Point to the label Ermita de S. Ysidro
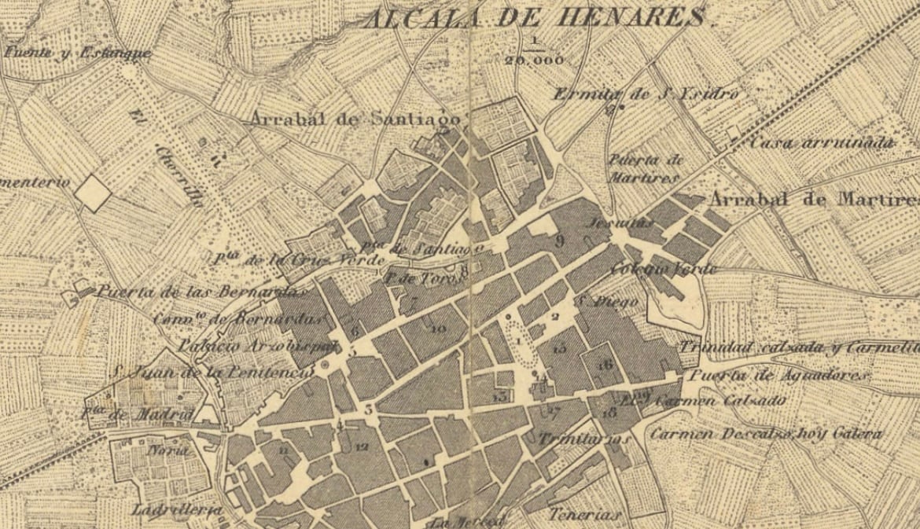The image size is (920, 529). point(646,94)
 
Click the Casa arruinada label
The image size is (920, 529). point(822,143)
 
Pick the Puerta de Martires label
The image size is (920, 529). point(644,168)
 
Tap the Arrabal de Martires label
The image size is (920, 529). point(813,199)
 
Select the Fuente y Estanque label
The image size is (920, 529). point(77,53)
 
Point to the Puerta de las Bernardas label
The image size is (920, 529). point(200,292)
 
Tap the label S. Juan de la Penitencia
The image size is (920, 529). point(211,371)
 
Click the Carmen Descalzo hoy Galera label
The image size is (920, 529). point(766,434)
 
